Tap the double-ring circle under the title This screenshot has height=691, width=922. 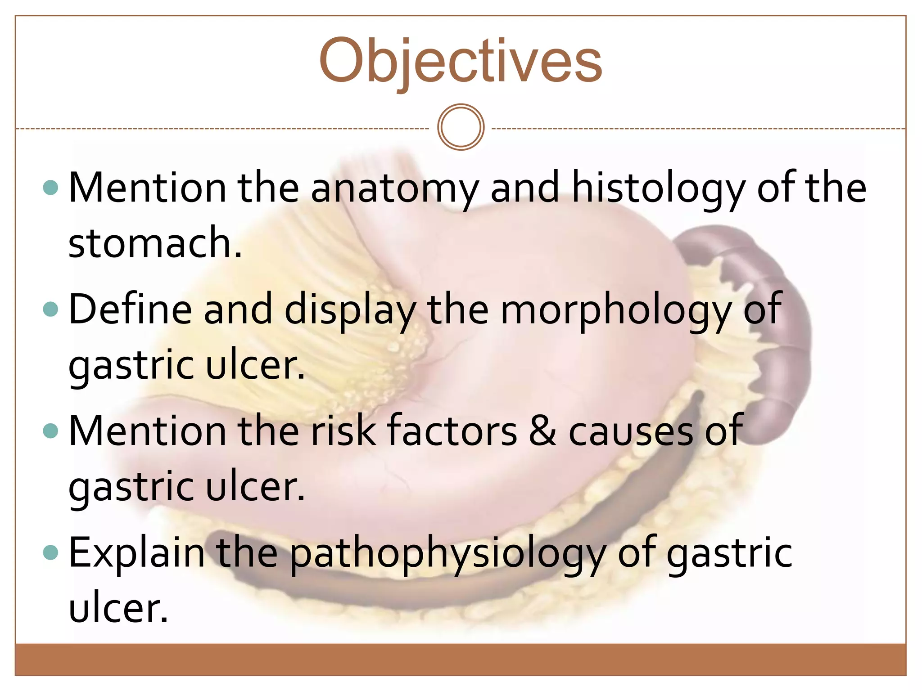(461, 127)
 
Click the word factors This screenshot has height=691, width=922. (452, 431)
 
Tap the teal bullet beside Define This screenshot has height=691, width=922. (50, 309)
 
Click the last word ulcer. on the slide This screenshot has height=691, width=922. (118, 608)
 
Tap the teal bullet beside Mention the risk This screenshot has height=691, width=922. (50, 431)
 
